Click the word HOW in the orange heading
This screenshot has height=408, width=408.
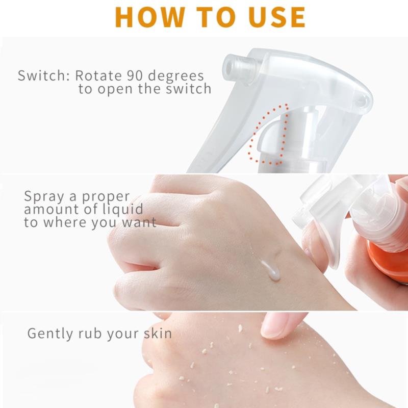(150, 17)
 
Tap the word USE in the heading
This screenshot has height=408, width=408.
(276, 17)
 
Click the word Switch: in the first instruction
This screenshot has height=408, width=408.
(43, 75)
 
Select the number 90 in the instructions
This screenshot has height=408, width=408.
(135, 75)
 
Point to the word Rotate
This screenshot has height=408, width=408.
(98, 75)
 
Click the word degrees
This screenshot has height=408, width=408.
(175, 76)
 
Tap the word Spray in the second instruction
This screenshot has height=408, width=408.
(44, 196)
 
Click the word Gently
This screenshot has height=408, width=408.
(50, 334)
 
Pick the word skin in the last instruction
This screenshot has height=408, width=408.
(158, 333)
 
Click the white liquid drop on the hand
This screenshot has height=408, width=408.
(271, 270)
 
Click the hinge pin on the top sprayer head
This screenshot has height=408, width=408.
(363, 101)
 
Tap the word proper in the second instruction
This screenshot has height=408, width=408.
(106, 197)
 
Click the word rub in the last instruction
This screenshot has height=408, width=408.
(90, 333)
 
